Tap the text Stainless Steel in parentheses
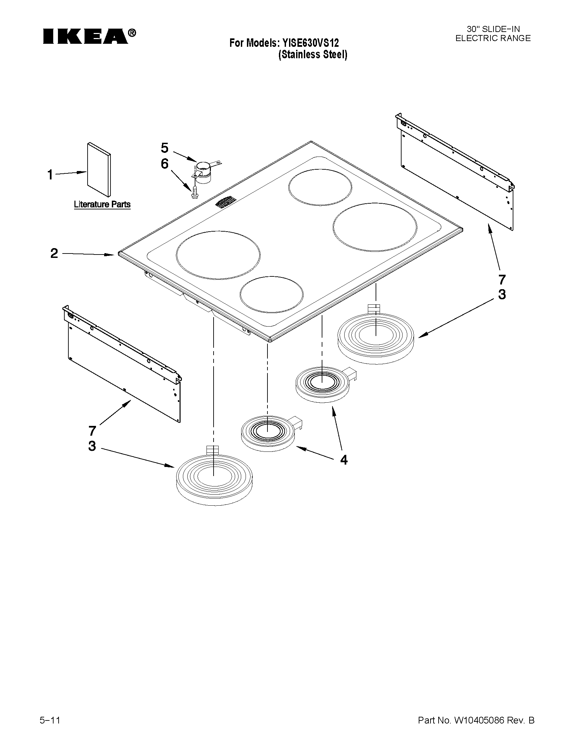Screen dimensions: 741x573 coord(313,55)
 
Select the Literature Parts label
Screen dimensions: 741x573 coord(102,204)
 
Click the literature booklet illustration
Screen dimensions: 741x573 coord(99,170)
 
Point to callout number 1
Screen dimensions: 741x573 coord(50,175)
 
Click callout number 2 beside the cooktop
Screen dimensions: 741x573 coord(54,254)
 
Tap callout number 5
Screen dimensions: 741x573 coord(164,148)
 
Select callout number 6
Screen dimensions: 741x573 coord(164,164)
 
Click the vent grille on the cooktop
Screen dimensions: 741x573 coord(225,202)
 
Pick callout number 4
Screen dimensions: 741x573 coord(344,460)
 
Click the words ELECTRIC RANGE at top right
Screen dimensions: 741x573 coord(493,38)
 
